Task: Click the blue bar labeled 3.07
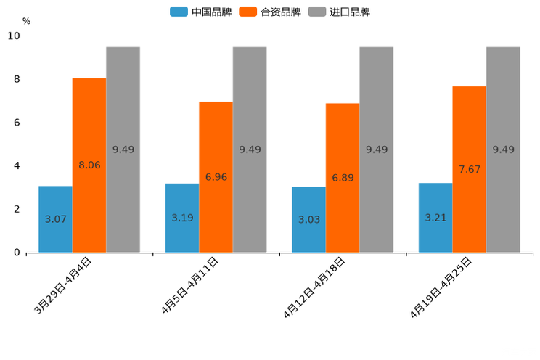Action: click(x=55, y=219)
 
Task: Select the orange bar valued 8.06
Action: click(x=89, y=165)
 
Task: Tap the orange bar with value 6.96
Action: click(x=216, y=177)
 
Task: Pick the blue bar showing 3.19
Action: click(x=182, y=218)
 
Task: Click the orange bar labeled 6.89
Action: click(x=343, y=178)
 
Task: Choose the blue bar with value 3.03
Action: click(x=308, y=219)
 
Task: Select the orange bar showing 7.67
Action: click(x=469, y=169)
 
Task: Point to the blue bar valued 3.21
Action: click(x=435, y=218)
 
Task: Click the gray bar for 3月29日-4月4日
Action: click(x=123, y=150)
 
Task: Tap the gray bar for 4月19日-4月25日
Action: click(x=503, y=150)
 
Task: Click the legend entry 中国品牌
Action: click(x=201, y=12)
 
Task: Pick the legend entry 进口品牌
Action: click(x=339, y=12)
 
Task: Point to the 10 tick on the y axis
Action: click(x=14, y=36)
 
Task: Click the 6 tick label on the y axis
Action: click(x=17, y=123)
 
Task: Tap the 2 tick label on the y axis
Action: click(x=17, y=209)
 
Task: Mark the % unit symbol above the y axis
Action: click(x=26, y=21)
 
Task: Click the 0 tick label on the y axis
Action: click(x=17, y=253)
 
